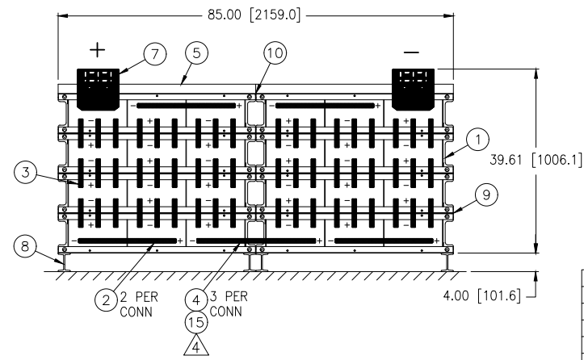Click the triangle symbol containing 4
[x=196, y=346]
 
